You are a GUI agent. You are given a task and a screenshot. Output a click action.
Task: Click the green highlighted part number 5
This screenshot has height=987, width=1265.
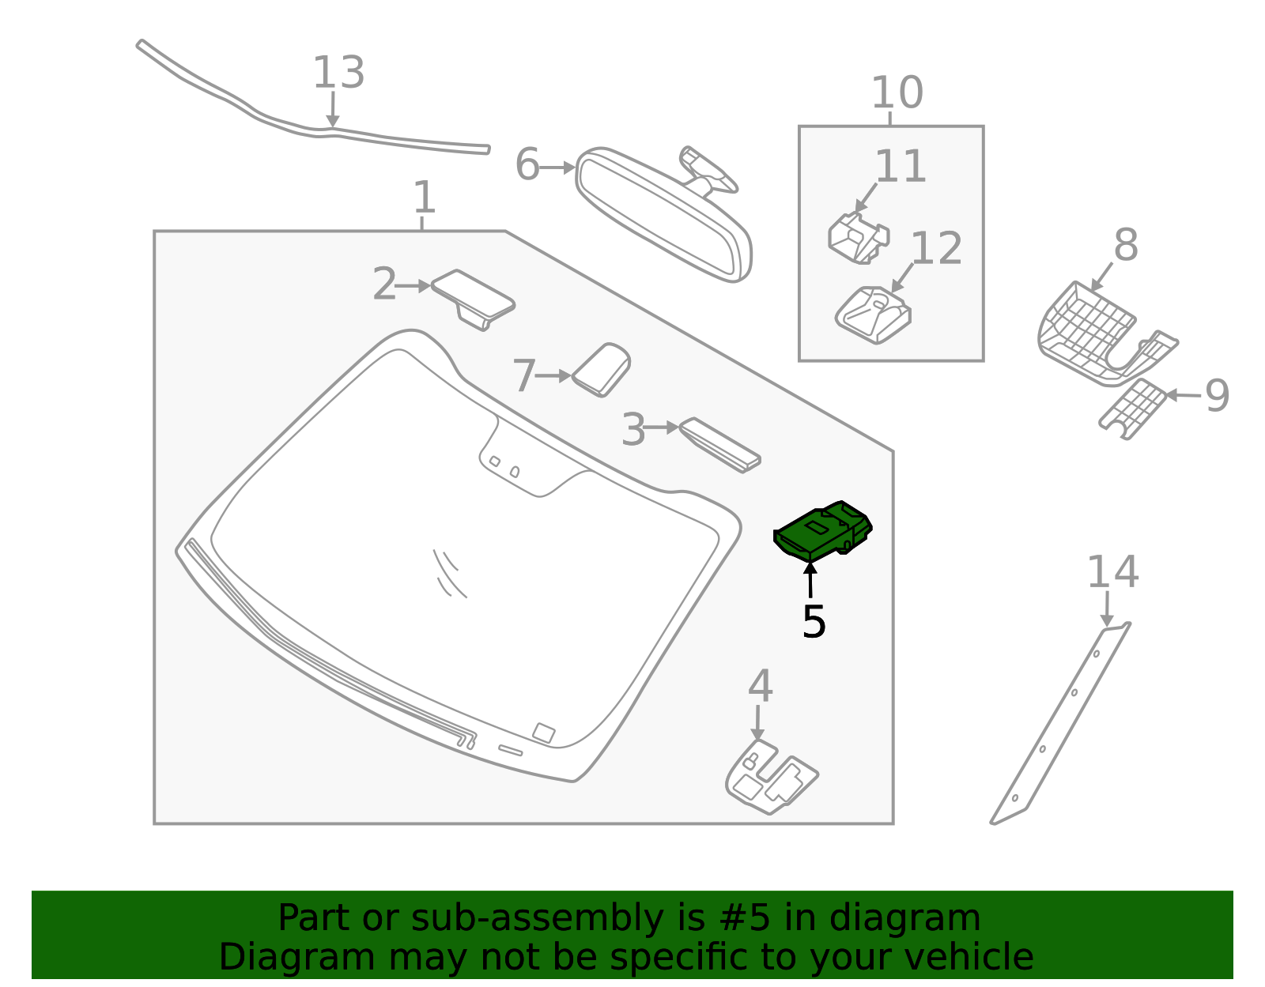click(822, 532)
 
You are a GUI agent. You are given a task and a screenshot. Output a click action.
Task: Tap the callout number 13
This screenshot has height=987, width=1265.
click(338, 73)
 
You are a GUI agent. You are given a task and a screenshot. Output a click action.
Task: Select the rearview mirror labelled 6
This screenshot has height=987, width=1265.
click(664, 213)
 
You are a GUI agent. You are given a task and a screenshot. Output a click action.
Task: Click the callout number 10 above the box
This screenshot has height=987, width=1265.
click(897, 93)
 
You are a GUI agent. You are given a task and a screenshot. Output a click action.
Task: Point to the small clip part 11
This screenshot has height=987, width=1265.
click(858, 238)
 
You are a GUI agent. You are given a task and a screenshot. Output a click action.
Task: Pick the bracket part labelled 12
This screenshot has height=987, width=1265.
click(873, 315)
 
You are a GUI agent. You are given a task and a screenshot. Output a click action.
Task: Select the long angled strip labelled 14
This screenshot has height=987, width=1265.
click(1059, 723)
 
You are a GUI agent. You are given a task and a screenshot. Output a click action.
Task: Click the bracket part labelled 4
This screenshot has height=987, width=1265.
click(770, 778)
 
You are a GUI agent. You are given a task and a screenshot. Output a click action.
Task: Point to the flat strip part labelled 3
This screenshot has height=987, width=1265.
click(719, 445)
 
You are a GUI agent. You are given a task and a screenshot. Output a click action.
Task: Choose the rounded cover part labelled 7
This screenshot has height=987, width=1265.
click(602, 368)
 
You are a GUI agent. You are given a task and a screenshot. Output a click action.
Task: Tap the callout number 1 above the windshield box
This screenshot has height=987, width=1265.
click(425, 197)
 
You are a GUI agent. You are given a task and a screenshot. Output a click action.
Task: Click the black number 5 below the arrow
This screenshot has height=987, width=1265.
click(814, 622)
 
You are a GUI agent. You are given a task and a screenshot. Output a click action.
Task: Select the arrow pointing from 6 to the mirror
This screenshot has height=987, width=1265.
click(558, 168)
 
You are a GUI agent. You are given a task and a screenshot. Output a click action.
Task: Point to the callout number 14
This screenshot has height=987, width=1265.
click(1112, 572)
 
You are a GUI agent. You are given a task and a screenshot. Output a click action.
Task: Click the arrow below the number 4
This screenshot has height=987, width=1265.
click(757, 722)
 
